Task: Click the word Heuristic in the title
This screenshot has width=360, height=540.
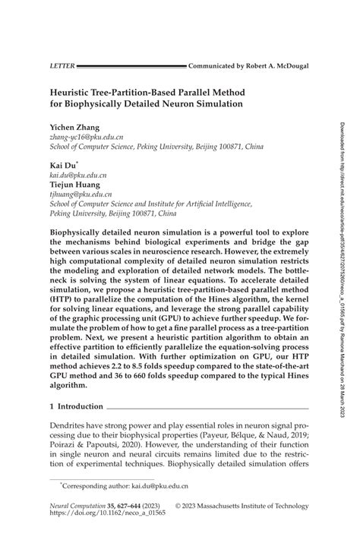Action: tap(75, 89)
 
